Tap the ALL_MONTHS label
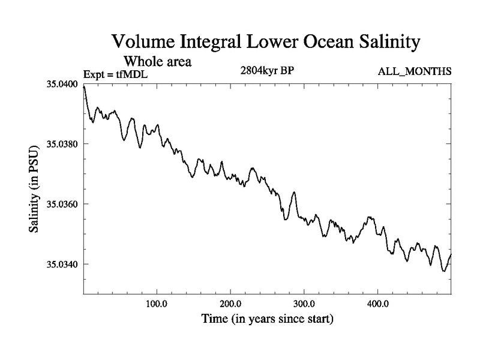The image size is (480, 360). pyautogui.click(x=415, y=72)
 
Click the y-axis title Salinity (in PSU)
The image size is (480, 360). pyautogui.click(x=35, y=190)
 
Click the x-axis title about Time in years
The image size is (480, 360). pyautogui.click(x=267, y=319)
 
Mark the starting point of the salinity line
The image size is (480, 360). pyautogui.click(x=84, y=86)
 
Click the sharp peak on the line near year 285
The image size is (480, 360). pyautogui.click(x=294, y=192)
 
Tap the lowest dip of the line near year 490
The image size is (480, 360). pyautogui.click(x=444, y=271)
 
